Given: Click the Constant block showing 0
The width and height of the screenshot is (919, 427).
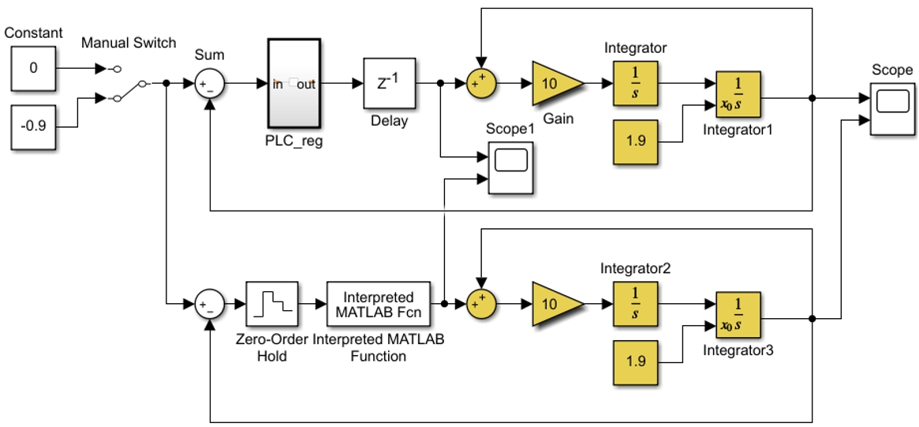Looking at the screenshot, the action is pyautogui.click(x=33, y=69).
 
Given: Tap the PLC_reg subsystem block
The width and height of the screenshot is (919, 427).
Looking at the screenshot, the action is pyautogui.click(x=294, y=84).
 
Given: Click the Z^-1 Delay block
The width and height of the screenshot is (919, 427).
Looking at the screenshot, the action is pyautogui.click(x=390, y=84).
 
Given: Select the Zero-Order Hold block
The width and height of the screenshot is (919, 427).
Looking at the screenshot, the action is pyautogui.click(x=272, y=304).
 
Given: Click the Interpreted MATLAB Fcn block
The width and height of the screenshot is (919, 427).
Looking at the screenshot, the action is pyautogui.click(x=379, y=304).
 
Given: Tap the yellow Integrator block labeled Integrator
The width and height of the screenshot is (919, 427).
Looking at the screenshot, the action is pyautogui.click(x=635, y=84).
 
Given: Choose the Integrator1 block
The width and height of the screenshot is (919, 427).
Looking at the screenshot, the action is pyautogui.click(x=738, y=94).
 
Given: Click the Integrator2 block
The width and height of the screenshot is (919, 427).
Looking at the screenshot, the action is pyautogui.click(x=635, y=304).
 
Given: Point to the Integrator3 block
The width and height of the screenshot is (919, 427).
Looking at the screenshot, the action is pyautogui.click(x=738, y=314).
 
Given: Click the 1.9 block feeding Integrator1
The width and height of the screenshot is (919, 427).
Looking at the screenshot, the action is pyautogui.click(x=635, y=141).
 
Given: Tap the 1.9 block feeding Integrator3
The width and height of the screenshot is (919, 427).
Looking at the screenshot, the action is pyautogui.click(x=635, y=362).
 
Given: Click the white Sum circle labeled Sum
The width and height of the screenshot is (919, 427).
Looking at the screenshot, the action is pyautogui.click(x=210, y=84).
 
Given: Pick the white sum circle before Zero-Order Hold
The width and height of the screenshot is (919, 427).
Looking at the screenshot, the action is pyautogui.click(x=210, y=304).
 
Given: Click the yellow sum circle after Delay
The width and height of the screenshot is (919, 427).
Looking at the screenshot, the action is pyautogui.click(x=481, y=84).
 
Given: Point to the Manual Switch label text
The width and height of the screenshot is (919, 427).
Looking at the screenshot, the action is pyautogui.click(x=129, y=43).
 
